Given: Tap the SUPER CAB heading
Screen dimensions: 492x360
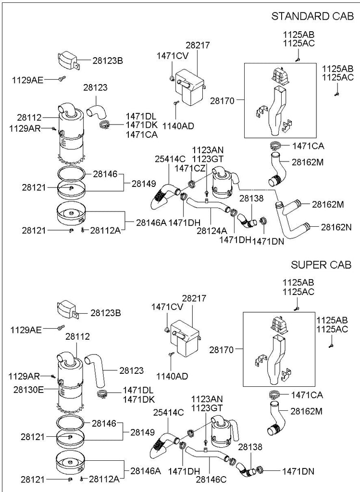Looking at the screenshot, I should (321, 265).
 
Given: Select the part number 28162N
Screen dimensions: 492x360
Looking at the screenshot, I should (336, 226).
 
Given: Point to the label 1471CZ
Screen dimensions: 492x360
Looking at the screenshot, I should (190, 168).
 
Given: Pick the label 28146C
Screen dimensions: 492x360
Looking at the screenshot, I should (211, 480).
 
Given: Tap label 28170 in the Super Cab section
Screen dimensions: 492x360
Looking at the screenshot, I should (222, 350).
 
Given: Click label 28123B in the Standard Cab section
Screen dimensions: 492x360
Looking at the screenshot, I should (107, 61).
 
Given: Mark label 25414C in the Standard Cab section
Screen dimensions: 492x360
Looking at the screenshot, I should (170, 159).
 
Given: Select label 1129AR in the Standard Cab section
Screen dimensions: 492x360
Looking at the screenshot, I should (24, 128).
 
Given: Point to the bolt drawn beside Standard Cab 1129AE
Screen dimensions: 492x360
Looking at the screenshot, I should (62, 78).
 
